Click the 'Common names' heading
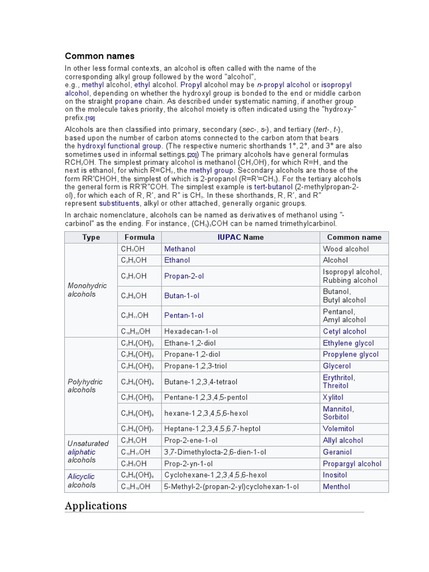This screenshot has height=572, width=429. pos(99,56)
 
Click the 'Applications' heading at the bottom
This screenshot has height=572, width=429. pos(96,506)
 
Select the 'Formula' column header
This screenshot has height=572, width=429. pos(139,237)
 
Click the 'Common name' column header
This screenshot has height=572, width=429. pos(354,237)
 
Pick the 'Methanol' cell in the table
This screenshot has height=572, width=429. pos(180,249)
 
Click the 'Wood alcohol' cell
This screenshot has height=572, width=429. pos(346,249)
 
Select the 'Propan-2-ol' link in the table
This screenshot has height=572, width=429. pos(184,276)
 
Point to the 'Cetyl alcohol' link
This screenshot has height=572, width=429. pos(345,331)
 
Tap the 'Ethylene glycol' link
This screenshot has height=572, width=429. pos(349,343)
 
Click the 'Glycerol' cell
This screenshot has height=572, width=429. pos(337,366)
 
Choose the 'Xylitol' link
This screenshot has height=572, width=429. pos(333,397)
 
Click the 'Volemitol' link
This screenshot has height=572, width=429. pos(339,428)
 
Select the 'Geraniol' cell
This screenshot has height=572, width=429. pos(337,452)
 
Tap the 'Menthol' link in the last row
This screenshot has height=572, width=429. pos(336,487)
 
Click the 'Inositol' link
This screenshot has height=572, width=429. pos(335,475)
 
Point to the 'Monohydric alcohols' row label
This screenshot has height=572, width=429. pos(82,289)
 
